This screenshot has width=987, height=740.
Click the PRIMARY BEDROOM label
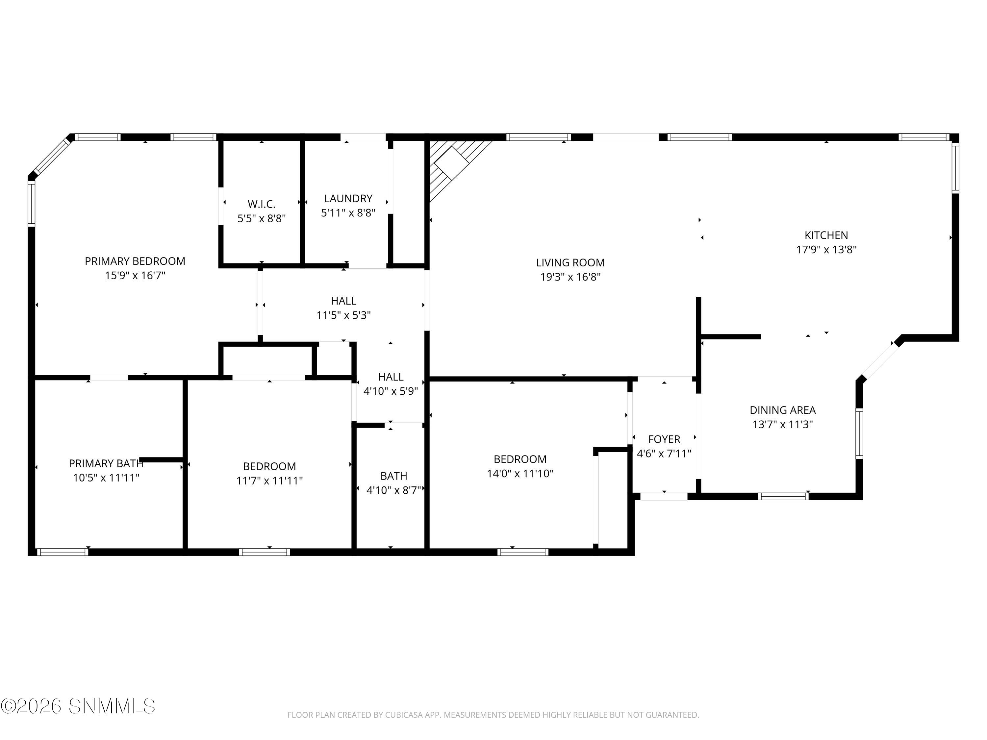[x=135, y=261]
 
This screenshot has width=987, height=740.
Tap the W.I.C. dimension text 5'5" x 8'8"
[x=262, y=219]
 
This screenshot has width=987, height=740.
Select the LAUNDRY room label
[x=348, y=199]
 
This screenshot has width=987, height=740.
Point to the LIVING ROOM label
[x=570, y=263]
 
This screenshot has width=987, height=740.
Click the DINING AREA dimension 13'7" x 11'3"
[x=783, y=424]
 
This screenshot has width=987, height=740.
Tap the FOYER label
[x=664, y=439]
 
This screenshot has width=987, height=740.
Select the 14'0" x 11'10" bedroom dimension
[x=520, y=473]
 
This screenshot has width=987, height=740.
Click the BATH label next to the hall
[x=393, y=476]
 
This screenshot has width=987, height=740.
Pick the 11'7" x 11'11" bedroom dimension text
[x=269, y=481]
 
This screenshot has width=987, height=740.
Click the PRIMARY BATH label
[x=106, y=463]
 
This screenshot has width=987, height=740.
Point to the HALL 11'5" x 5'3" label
[x=343, y=301]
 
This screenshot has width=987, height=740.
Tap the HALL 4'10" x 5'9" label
[x=391, y=377]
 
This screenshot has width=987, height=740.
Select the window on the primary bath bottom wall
[x=63, y=552]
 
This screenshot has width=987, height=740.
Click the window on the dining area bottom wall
[x=783, y=496]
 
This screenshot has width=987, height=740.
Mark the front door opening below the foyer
[x=664, y=496]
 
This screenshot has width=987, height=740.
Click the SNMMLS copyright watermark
[x=78, y=706]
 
